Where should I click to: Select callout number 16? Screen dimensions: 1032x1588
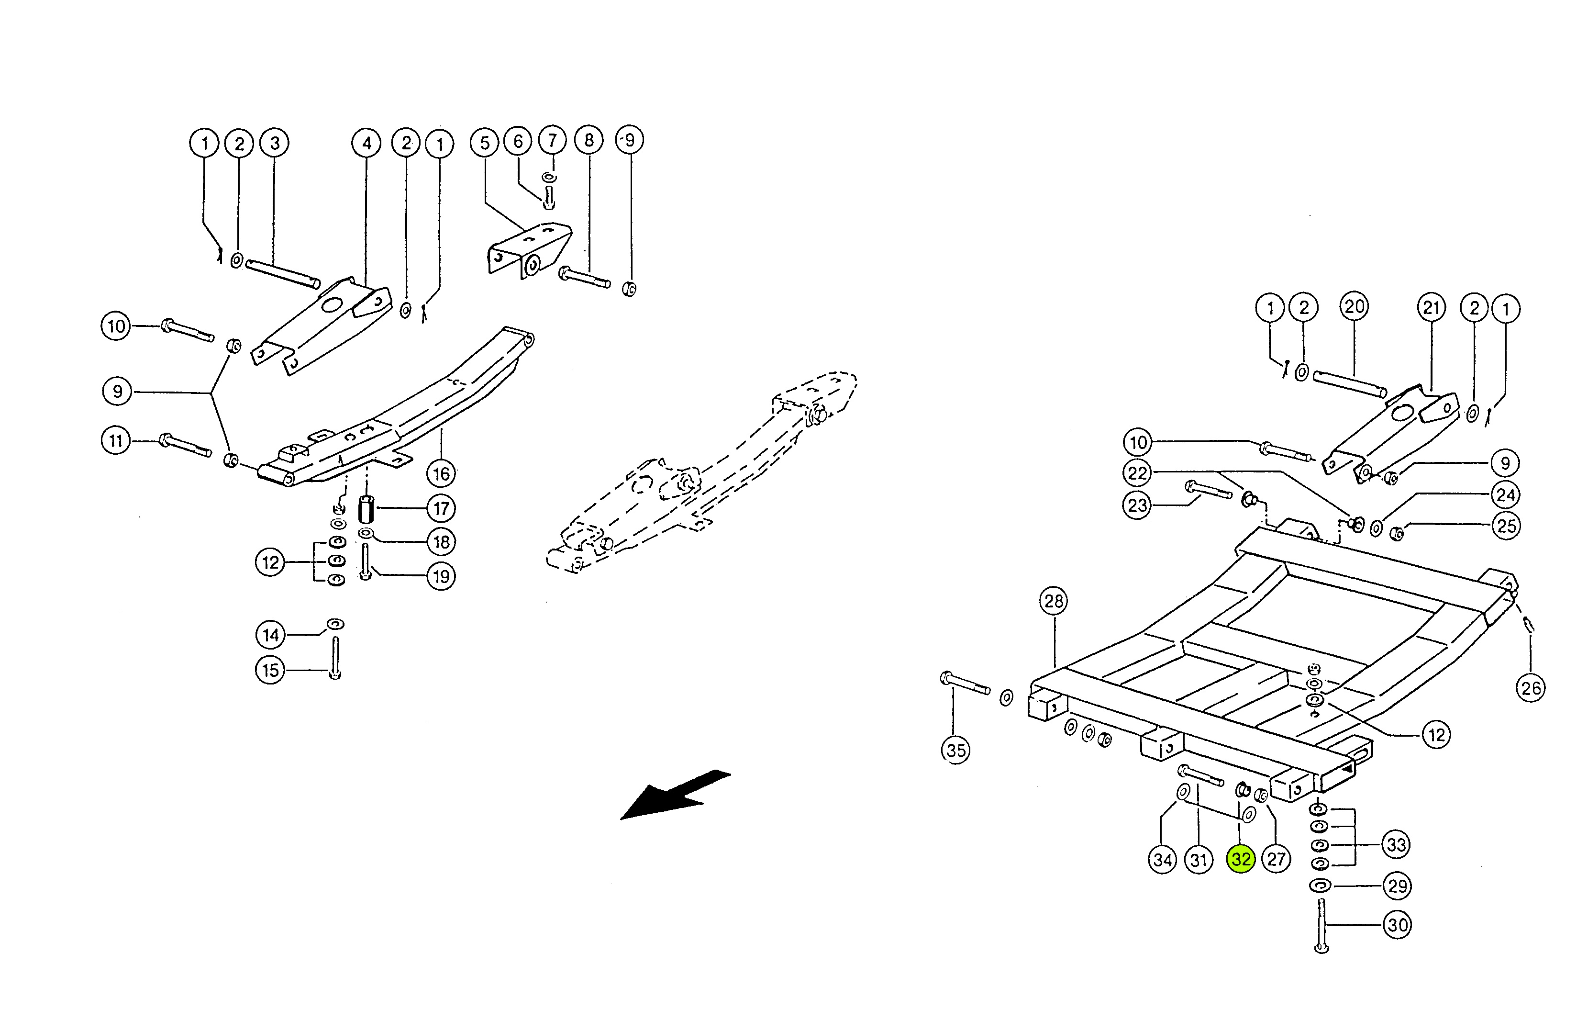tap(441, 474)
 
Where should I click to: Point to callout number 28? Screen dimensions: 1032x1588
tap(1053, 602)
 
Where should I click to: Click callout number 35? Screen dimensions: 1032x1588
tap(955, 750)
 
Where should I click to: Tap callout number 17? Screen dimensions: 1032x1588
tap(441, 509)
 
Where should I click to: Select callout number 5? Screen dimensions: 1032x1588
tap(484, 143)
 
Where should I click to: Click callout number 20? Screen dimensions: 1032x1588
tap(1354, 307)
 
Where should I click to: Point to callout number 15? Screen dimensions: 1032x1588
tap(270, 670)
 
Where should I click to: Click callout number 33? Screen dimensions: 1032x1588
tap(1397, 845)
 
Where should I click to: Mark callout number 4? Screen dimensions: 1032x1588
tap(366, 143)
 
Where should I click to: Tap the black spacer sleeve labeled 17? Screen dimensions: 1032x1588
tap(366, 511)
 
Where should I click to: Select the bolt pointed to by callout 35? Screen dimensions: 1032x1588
tap(965, 684)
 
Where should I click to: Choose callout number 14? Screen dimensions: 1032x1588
tap(270, 635)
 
